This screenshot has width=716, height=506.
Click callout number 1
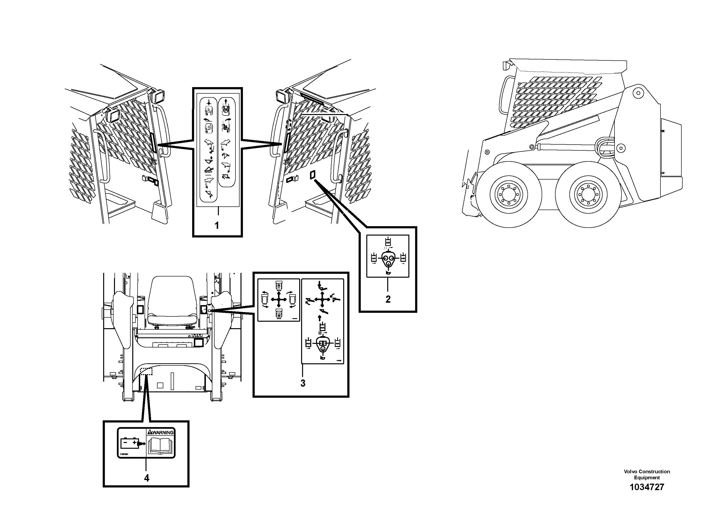point(217,225)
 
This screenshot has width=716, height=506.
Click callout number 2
point(388,299)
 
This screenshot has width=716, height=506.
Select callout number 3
point(303,383)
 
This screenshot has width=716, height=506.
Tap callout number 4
point(146,478)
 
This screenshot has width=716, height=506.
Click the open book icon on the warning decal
point(160,445)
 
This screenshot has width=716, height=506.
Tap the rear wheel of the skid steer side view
point(588,195)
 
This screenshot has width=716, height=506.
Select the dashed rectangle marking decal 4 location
point(146,371)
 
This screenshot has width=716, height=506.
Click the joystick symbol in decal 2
point(388,259)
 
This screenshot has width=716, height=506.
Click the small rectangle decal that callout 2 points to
point(312,175)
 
